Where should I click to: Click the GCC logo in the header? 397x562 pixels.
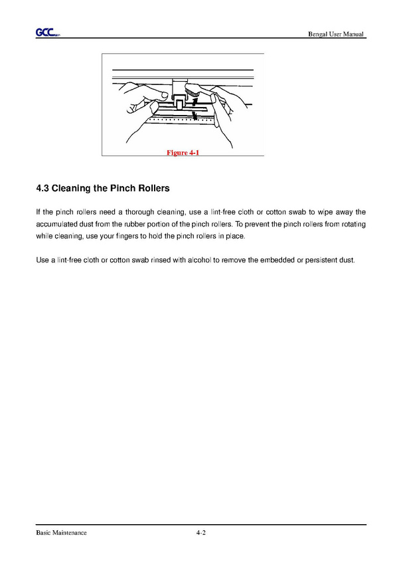point(48,33)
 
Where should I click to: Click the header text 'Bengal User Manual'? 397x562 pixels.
point(336,34)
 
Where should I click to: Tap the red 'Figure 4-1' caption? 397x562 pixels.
point(183,153)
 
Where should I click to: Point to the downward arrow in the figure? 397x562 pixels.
point(195,116)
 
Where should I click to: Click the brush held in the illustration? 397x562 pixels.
point(191,90)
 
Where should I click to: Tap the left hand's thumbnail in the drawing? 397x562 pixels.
point(165,95)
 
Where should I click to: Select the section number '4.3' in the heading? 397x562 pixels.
point(42,189)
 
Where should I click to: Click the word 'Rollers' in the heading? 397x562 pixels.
point(154,189)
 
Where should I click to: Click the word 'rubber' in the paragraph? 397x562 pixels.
point(134,225)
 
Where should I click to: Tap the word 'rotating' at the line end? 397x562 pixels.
point(353,225)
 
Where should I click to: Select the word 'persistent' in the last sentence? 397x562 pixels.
point(321,260)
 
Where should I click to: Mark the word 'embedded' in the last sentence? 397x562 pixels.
point(277,260)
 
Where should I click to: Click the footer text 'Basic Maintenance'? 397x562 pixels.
point(61,533)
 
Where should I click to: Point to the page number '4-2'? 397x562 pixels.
point(200,533)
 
